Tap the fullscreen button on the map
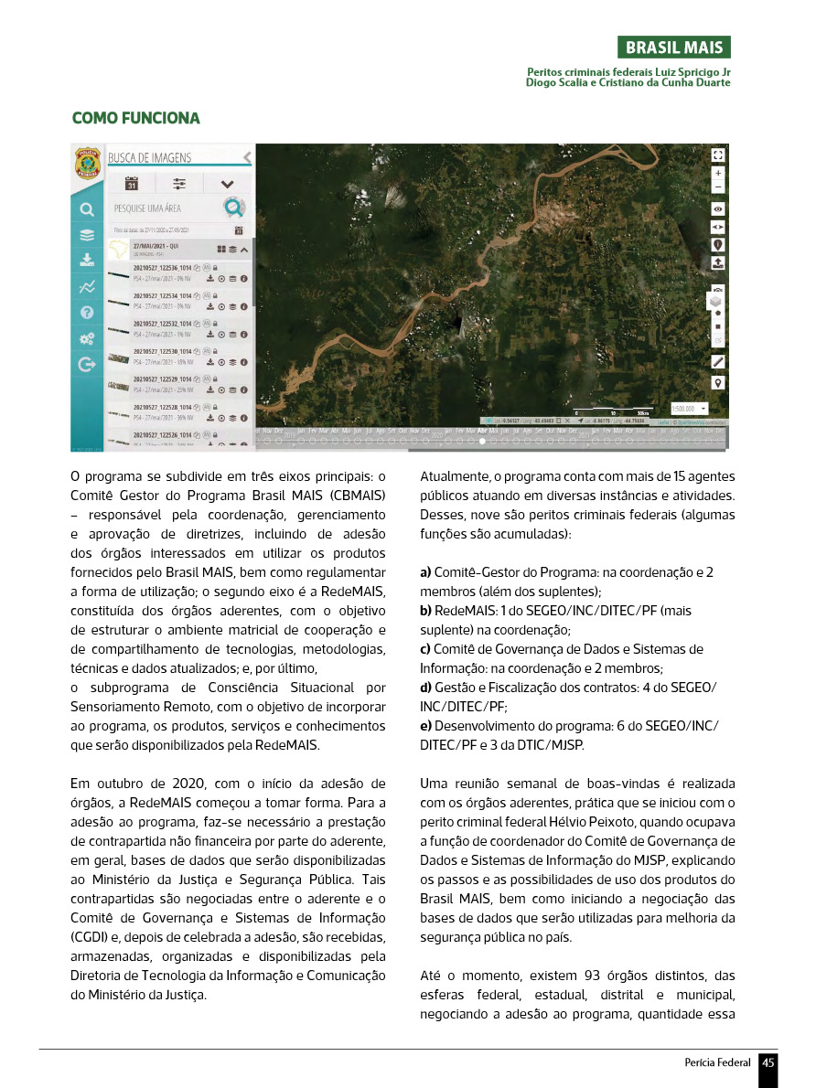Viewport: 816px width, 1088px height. pos(718,155)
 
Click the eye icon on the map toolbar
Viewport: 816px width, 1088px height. pos(718,208)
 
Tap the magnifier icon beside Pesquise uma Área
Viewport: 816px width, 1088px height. pos(234,208)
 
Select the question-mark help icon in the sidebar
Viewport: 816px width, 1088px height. pos(87,312)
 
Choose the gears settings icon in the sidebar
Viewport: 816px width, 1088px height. pos(87,338)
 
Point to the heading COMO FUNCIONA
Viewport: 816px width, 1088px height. pos(135,119)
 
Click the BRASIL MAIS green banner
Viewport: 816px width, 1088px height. pos(673,48)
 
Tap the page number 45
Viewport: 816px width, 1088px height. pos(768,1062)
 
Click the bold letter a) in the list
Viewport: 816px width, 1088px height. pos(425,572)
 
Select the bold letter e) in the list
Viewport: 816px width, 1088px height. pos(425,725)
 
